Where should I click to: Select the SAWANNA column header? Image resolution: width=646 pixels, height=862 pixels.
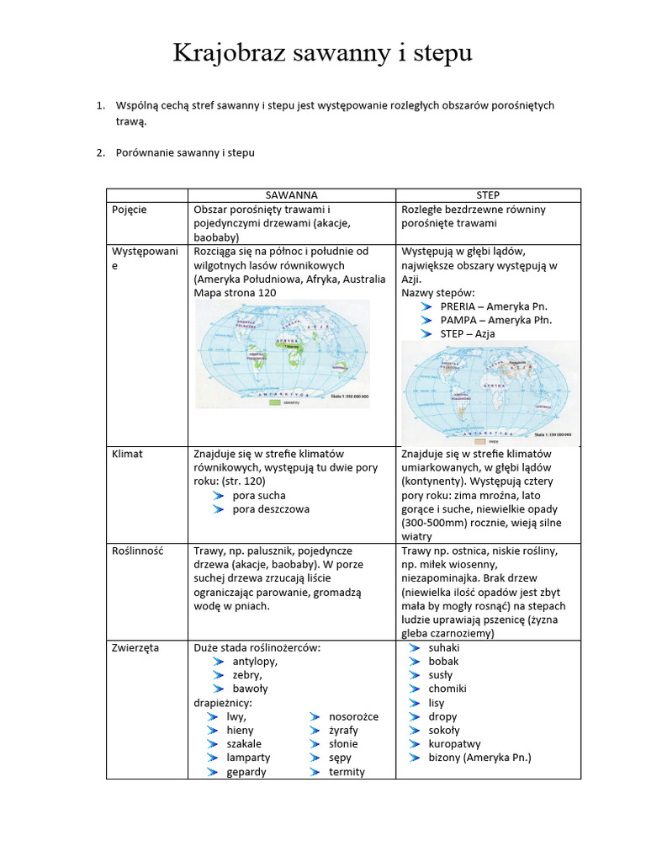pyautogui.click(x=292, y=195)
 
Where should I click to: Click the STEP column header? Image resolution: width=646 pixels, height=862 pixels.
pyautogui.click(x=488, y=195)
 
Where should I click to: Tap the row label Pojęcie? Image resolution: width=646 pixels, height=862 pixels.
pyautogui.click(x=130, y=210)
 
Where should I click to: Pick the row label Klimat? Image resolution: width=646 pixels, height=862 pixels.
pyautogui.click(x=127, y=454)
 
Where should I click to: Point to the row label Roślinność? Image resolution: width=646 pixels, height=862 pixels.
pyautogui.click(x=138, y=551)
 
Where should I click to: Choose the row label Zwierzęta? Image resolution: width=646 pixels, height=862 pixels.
pyautogui.click(x=135, y=648)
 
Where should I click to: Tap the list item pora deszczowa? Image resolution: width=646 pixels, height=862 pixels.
pyautogui.click(x=271, y=508)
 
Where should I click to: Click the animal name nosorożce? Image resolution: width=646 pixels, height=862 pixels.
pyautogui.click(x=353, y=716)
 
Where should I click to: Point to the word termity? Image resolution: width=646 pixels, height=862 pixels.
pyautogui.click(x=347, y=771)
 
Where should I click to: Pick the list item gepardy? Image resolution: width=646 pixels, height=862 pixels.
pyautogui.click(x=246, y=771)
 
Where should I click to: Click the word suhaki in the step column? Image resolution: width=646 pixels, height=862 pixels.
pyautogui.click(x=444, y=648)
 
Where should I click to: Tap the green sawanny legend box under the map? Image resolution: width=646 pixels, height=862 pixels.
pyautogui.click(x=273, y=403)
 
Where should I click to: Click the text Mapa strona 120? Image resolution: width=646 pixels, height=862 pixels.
pyautogui.click(x=235, y=293)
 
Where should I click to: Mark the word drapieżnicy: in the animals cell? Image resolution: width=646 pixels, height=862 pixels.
pyautogui.click(x=223, y=703)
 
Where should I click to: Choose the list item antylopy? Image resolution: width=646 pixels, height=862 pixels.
pyautogui.click(x=255, y=662)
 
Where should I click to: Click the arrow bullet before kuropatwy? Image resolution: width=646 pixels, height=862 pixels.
pyautogui.click(x=414, y=744)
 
